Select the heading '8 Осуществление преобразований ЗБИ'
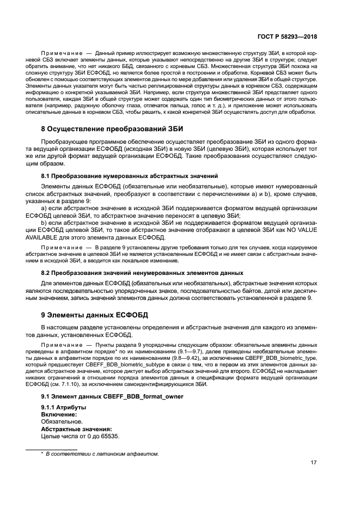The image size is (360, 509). point(113,129)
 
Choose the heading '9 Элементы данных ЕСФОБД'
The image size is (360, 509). point(95,315)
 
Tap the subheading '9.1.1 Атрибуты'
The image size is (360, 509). point(64,407)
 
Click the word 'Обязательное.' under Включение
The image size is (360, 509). point(62,421)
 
